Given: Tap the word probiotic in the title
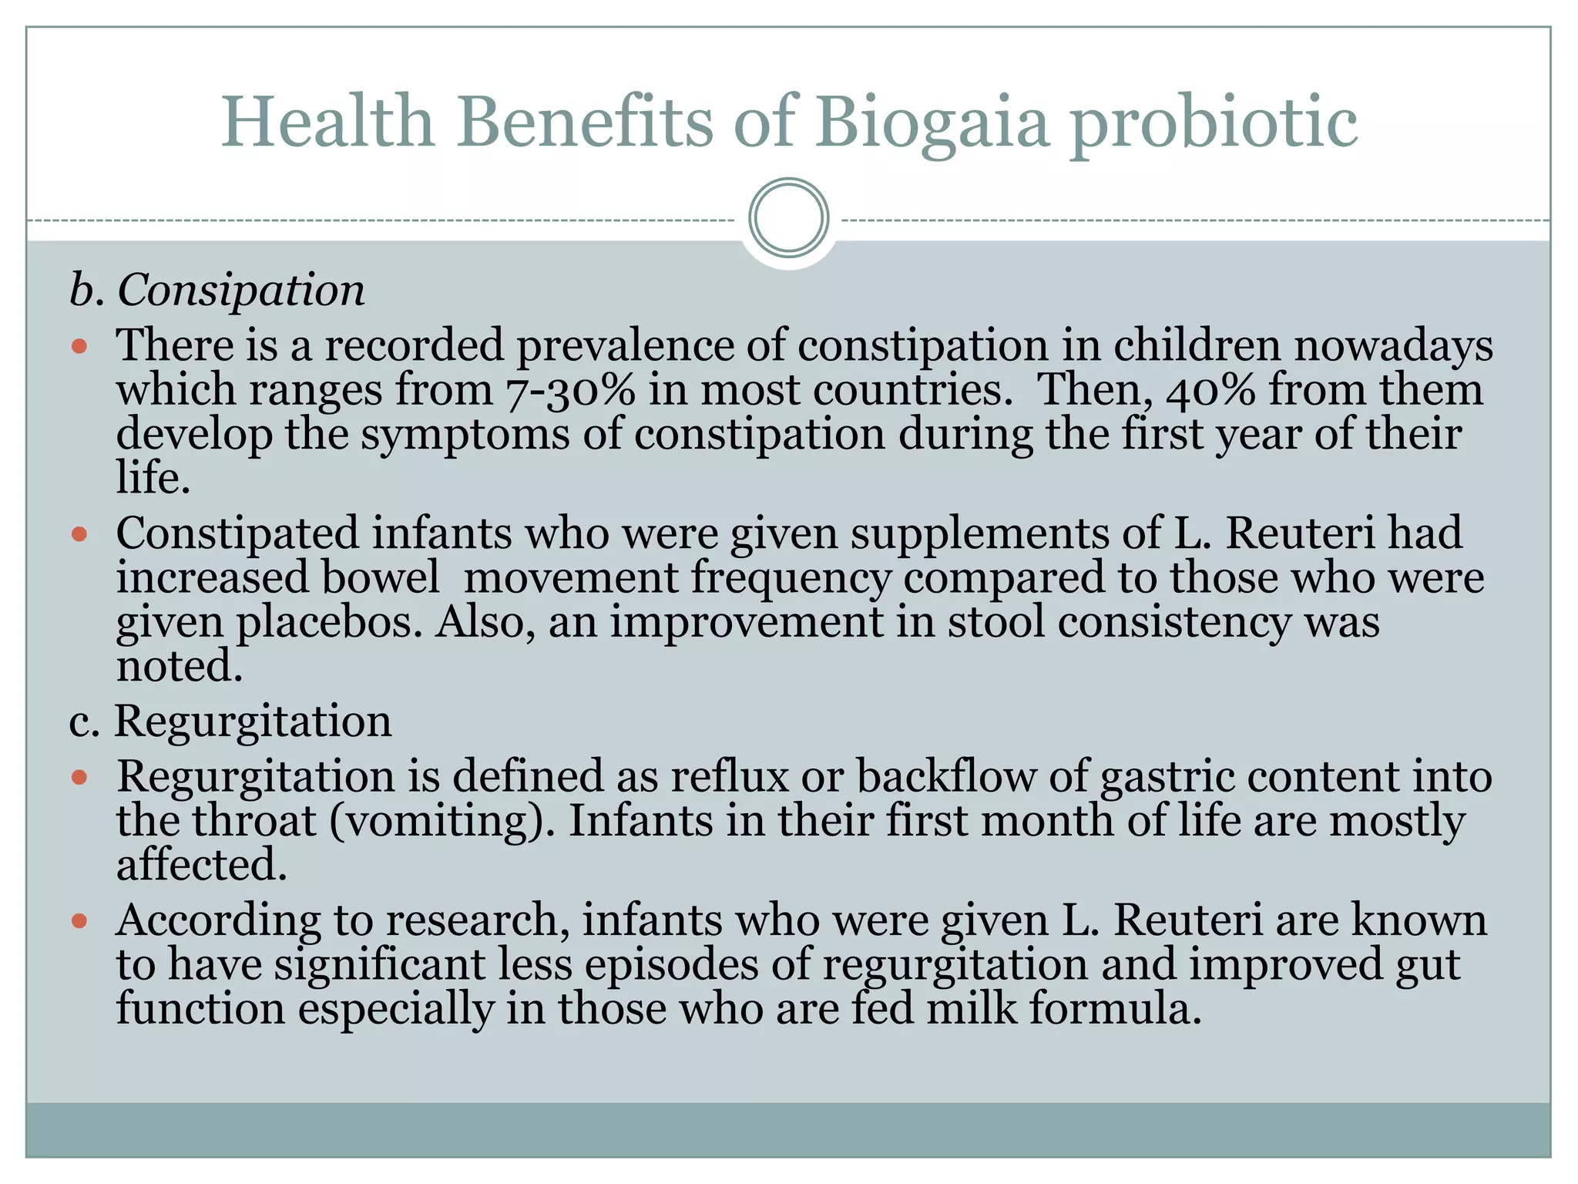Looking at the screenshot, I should pos(1214,123).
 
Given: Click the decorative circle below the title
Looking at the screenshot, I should pos(788,218).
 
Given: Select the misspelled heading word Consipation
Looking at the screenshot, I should pos(240,291).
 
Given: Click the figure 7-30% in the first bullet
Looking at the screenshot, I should pos(570,390).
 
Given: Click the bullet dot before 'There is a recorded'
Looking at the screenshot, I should pos(79,346).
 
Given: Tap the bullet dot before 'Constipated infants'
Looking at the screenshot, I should pos(79,533).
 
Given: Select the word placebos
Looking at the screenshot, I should pos(329,623).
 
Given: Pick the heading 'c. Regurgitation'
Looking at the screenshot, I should pos(230,721).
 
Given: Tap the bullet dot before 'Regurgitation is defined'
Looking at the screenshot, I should pos(79,777).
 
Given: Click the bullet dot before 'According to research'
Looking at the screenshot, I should pos(79,920).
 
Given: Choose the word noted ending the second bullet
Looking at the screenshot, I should pos(179,666).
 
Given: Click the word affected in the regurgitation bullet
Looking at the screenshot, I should pos(201,865).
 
